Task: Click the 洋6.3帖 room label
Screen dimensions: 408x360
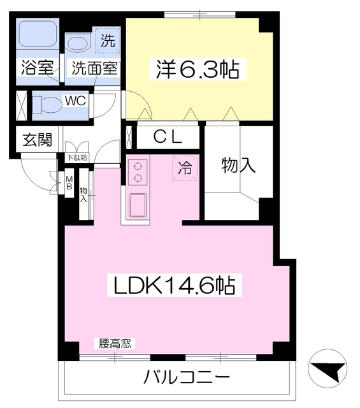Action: point(198,69)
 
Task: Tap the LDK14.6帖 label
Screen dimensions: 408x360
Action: point(175,285)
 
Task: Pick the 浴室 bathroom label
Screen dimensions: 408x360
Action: point(37,68)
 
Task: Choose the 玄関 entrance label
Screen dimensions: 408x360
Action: point(38,140)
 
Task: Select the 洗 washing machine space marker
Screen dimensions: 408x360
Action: point(108,42)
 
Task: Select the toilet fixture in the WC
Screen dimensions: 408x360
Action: point(48,103)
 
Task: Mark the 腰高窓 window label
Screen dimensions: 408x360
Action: point(115,344)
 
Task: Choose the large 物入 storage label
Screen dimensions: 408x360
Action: point(238,166)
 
